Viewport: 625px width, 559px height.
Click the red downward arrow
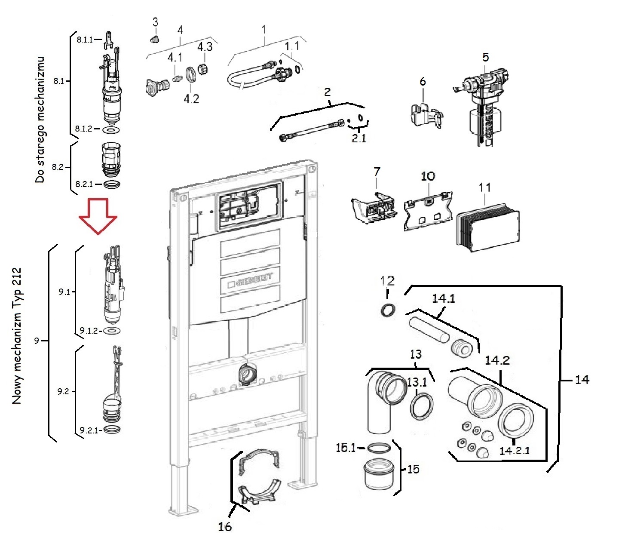(x=98, y=216)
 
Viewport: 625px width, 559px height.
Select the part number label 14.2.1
(x=514, y=450)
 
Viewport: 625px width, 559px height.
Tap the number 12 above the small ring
(x=387, y=281)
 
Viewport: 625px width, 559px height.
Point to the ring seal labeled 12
(x=388, y=310)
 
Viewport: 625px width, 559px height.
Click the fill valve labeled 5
(x=484, y=105)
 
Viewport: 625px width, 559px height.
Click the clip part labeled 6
(x=425, y=114)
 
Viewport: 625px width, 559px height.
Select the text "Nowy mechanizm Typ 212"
(x=17, y=336)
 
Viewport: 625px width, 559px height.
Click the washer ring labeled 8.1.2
(x=111, y=129)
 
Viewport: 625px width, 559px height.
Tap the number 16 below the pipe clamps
(x=224, y=526)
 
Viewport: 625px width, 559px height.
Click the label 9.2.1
(x=89, y=430)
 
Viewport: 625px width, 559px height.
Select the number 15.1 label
(x=346, y=448)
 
